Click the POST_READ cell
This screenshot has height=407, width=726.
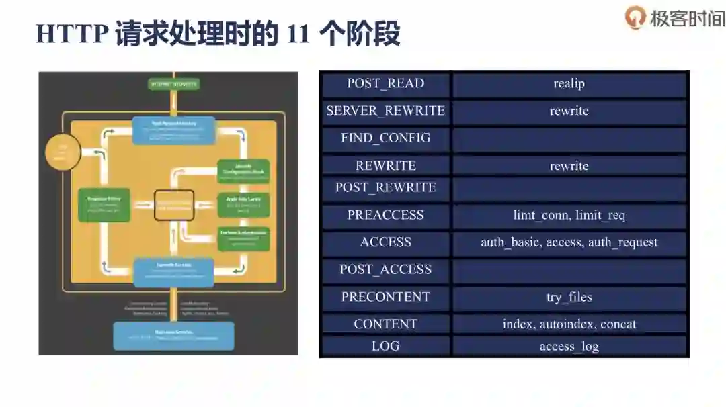tap(385, 84)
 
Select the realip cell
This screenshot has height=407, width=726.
tap(569, 84)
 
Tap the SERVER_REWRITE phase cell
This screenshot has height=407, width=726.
tap(385, 111)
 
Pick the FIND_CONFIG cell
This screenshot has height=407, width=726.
tap(385, 138)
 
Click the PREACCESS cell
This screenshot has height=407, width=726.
tap(385, 216)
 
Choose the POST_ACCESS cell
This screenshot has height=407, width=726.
tap(385, 270)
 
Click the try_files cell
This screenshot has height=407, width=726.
tap(569, 298)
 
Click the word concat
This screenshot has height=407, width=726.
tap(618, 324)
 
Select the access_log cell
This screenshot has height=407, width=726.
tap(569, 347)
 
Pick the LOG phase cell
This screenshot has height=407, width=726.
tap(385, 347)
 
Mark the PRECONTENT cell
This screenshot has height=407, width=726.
tap(385, 298)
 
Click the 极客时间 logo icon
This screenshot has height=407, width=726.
tap(635, 17)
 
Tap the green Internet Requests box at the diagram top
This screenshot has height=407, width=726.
tap(173, 85)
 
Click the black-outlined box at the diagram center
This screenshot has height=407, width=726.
tap(174, 205)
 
